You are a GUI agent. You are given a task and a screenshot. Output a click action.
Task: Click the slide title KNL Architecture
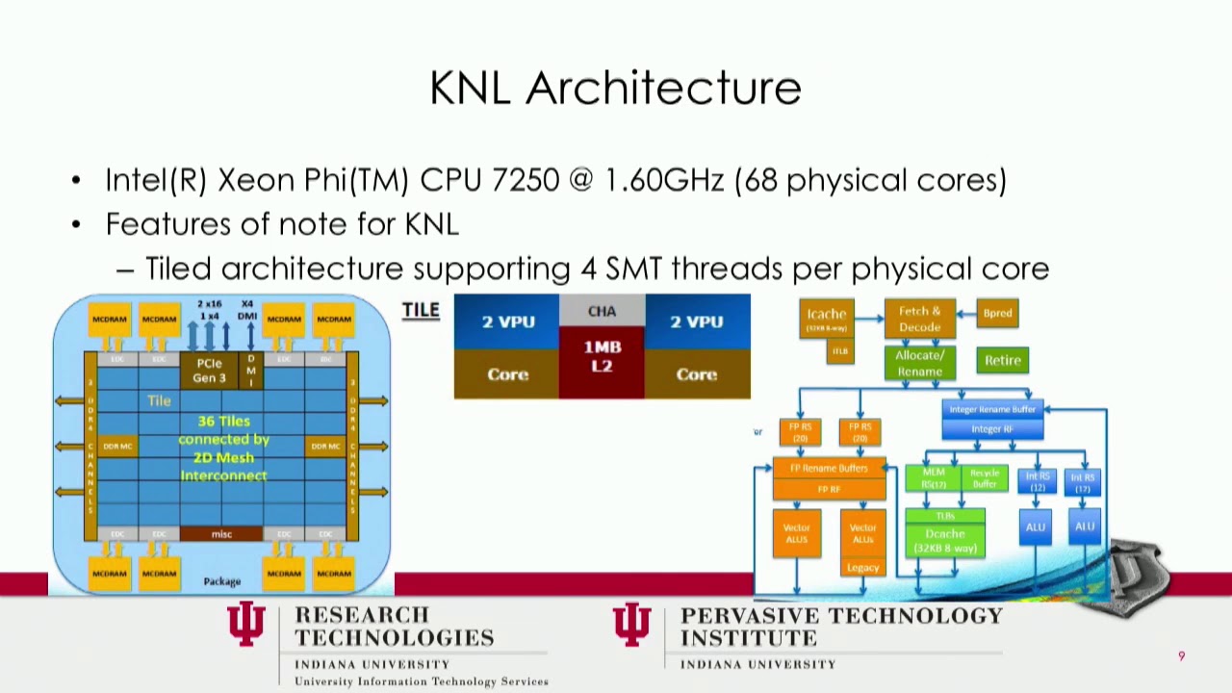click(x=615, y=88)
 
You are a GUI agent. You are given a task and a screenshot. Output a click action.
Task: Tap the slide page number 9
click(x=1181, y=656)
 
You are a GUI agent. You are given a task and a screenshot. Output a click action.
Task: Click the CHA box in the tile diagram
click(x=602, y=311)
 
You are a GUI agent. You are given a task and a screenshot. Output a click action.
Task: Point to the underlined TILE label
click(x=421, y=310)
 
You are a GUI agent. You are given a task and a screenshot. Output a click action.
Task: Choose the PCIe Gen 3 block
click(x=209, y=371)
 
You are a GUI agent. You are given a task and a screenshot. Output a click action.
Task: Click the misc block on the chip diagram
click(x=221, y=534)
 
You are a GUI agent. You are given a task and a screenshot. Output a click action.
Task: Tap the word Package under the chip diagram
click(x=222, y=581)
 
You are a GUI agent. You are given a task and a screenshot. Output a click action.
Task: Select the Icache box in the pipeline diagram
click(x=827, y=319)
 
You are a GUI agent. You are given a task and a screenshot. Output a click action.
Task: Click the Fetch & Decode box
click(x=919, y=320)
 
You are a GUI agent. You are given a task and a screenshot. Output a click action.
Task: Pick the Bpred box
click(x=997, y=313)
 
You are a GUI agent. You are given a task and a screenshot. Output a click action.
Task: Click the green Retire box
click(x=1002, y=360)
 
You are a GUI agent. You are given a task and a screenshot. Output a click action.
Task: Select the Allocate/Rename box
click(x=919, y=363)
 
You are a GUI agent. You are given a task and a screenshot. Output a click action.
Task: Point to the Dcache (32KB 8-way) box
click(x=944, y=540)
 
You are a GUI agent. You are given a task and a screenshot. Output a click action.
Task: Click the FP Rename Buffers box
click(x=829, y=469)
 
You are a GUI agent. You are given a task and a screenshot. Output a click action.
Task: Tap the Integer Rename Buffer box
click(x=992, y=409)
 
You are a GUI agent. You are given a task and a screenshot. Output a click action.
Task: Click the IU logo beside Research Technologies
click(x=246, y=625)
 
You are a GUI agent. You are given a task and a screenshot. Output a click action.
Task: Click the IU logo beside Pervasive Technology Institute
click(x=631, y=625)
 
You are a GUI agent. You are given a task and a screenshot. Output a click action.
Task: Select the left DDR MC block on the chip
click(x=117, y=446)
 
